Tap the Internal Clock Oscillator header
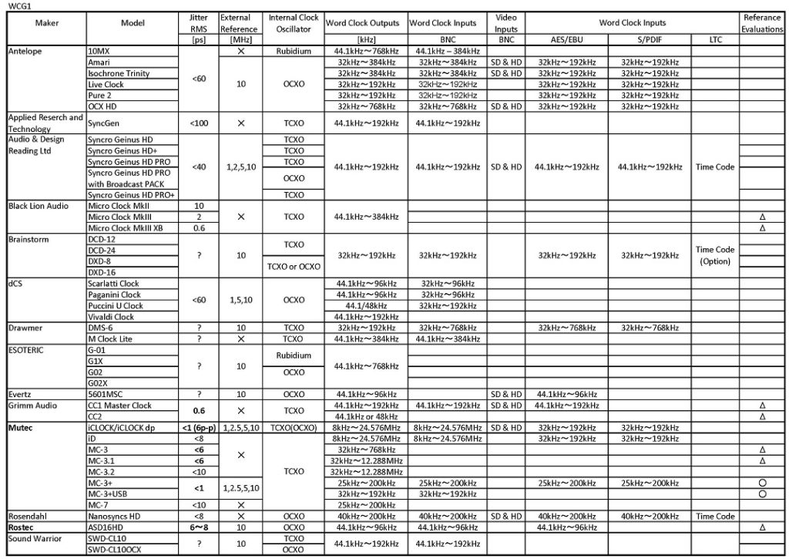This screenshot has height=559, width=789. (294, 23)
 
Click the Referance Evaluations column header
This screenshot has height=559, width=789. (762, 23)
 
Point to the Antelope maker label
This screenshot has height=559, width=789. (25, 51)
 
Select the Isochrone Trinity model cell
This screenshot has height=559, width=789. (119, 73)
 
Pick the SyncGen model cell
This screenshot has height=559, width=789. (106, 123)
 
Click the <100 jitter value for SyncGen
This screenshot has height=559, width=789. (198, 123)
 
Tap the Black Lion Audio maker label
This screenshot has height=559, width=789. (38, 206)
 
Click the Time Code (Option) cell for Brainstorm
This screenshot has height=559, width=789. (715, 256)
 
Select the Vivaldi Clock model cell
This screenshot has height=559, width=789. (111, 317)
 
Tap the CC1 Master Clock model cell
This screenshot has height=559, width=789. (120, 406)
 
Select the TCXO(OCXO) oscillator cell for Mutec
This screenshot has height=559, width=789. (294, 427)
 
